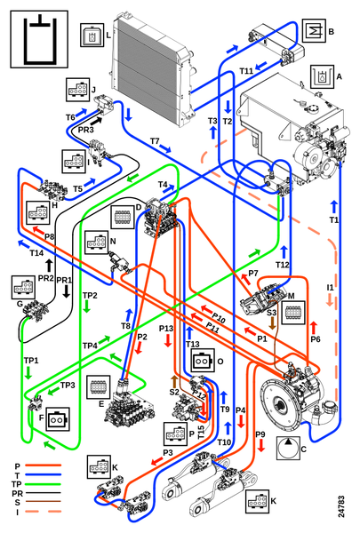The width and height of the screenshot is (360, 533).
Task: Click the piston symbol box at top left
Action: tap(39, 39)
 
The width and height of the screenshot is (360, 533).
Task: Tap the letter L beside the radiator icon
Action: tap(108, 35)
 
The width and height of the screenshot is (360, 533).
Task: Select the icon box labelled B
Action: tap(314, 31)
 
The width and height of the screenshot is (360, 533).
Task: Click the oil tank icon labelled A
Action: tap(322, 77)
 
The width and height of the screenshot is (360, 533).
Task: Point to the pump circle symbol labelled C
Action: tap(288, 449)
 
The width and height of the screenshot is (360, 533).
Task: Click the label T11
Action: tap(246, 71)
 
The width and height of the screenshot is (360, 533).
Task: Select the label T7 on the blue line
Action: tap(155, 140)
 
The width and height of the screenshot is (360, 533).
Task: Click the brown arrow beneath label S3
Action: tap(272, 323)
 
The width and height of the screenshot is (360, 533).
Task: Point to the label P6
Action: tap(316, 339)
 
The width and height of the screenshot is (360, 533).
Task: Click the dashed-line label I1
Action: tap(330, 288)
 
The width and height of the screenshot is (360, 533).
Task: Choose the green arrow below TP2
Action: tap(87, 307)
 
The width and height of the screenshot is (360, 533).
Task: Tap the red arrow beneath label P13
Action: tap(167, 340)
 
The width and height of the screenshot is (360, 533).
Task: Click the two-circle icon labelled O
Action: tap(203, 361)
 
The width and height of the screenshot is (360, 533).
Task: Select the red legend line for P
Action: tap(44, 465)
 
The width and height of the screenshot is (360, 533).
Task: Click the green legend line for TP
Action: tap(44, 484)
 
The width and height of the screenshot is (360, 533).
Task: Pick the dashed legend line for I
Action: tap(44, 511)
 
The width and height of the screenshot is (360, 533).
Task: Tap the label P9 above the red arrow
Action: tap(260, 434)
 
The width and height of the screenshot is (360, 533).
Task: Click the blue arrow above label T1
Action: tap(334, 207)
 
